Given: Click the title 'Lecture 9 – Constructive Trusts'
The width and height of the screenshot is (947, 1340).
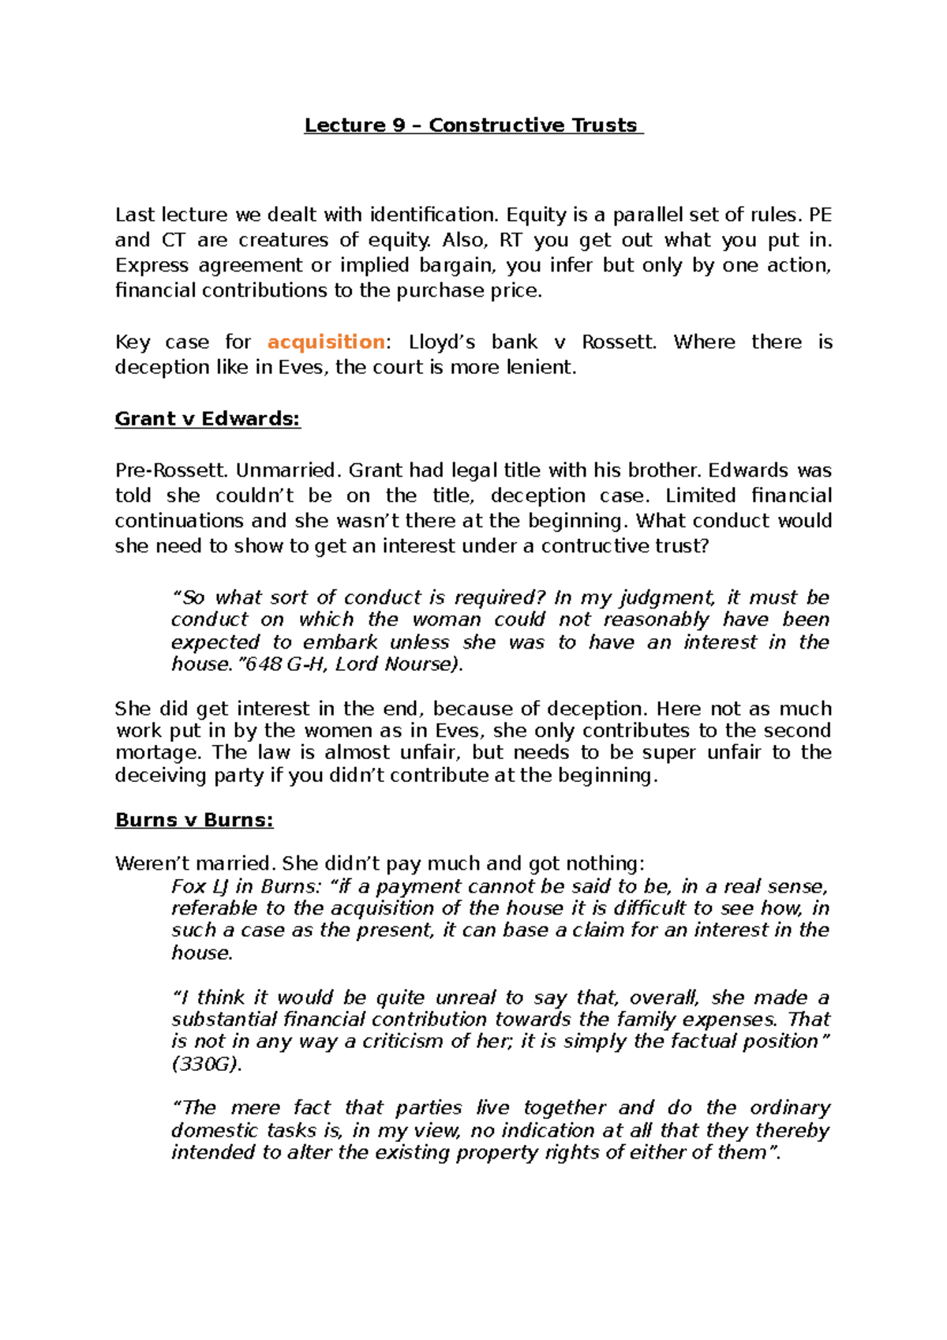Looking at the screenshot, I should point(473,125).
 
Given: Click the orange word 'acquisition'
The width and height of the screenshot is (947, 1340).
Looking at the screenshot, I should point(326,342).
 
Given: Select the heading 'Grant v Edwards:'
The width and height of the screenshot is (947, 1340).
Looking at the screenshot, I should point(208,419).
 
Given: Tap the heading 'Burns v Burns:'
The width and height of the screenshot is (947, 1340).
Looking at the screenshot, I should point(194,820).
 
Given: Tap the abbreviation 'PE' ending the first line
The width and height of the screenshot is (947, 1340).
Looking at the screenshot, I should point(820,215).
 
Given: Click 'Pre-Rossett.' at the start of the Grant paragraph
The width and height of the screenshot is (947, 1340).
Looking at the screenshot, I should point(171,470).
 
